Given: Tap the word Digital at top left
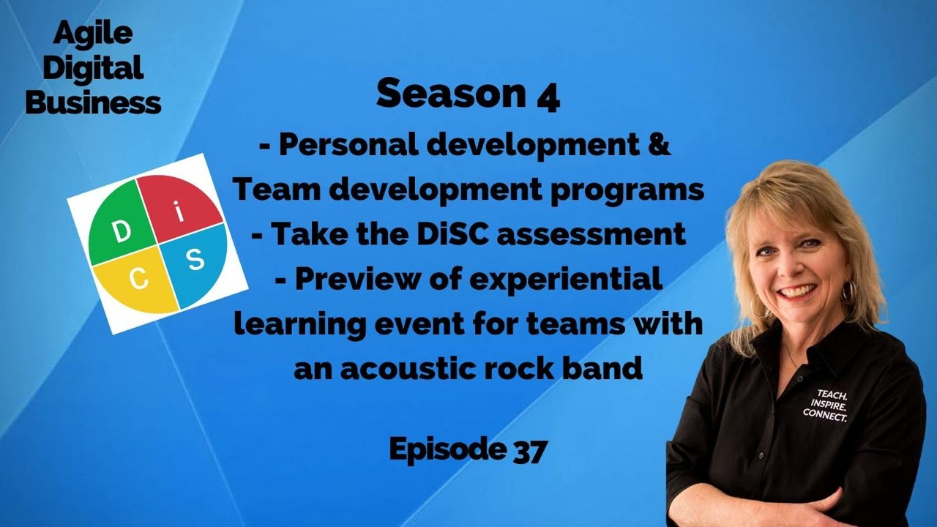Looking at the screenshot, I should (92, 69).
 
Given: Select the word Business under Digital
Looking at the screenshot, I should (93, 103).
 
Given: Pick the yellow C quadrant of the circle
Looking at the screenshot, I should (136, 281).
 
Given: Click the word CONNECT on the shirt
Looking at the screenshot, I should (825, 416).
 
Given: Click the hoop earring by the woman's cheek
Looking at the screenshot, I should (848, 292).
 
